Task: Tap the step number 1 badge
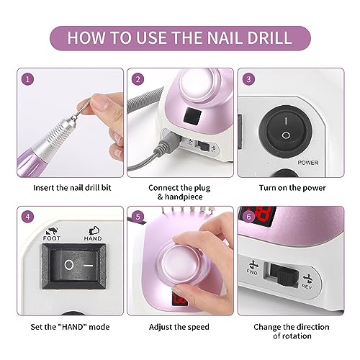pos(27,79)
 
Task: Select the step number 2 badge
pos(138,79)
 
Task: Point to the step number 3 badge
pos(248,79)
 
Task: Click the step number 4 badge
pos(27,217)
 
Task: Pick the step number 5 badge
pos(138,217)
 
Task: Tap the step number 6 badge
pos(248,217)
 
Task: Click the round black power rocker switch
pos(286,128)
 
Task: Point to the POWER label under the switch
pos(308,163)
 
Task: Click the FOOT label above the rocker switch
pos(51,238)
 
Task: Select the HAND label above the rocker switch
pos(93,238)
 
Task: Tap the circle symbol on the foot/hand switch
pos(69,265)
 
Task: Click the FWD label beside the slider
pos(252,272)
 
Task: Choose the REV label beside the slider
pos(307,287)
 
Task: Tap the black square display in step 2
pos(192,116)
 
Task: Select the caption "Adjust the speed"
pos(179,327)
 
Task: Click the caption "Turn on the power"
pos(292,188)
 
